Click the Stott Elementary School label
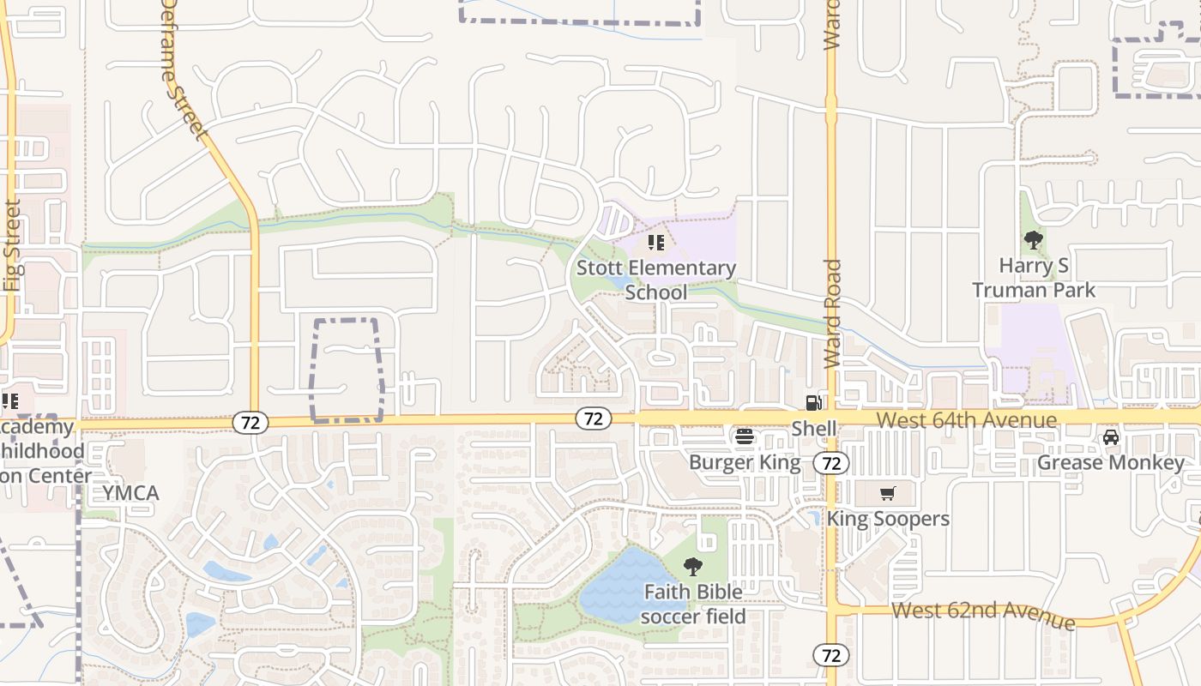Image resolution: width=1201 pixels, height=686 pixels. [656, 280]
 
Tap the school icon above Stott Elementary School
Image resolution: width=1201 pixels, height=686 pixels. [656, 243]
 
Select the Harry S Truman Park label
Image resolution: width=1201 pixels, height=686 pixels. [1034, 278]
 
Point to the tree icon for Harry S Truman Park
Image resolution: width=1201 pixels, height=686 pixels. [1033, 241]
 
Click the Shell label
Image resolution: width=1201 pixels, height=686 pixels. [813, 428]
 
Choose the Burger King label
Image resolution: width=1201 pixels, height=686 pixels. [745, 462]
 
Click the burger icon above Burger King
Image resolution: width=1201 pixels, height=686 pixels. [745, 436]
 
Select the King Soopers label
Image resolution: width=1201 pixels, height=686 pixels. [888, 519]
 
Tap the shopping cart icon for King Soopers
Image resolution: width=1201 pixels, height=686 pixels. [888, 493]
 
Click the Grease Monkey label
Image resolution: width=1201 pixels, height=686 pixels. [1111, 463]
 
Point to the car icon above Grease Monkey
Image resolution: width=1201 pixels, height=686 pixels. [1111, 437]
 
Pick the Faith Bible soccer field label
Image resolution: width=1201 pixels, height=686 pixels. [693, 604]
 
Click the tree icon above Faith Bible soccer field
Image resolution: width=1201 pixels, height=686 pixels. [693, 567]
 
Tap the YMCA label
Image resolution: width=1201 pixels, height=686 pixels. [131, 493]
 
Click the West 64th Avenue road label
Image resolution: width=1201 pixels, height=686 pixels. [967, 420]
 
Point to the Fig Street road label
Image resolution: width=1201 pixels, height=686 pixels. [12, 246]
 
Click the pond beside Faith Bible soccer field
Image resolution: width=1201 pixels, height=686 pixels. [619, 587]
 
